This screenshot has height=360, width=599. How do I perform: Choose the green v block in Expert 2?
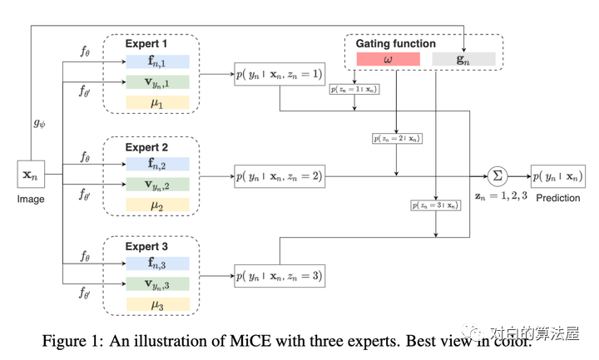coord(158,184)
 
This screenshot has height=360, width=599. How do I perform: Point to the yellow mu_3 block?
coord(158,305)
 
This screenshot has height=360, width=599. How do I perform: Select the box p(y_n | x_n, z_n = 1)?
coord(279,75)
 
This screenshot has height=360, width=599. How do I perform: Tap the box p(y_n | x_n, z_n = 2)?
coord(279,175)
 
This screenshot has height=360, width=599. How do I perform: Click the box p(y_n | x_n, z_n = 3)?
coord(279,276)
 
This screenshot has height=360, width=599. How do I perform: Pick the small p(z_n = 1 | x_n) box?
coord(354,88)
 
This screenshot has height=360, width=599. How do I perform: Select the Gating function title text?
coord(395,43)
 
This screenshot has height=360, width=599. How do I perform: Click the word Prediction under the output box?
coord(558,199)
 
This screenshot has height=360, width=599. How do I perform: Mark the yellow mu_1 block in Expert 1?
coord(158,103)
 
